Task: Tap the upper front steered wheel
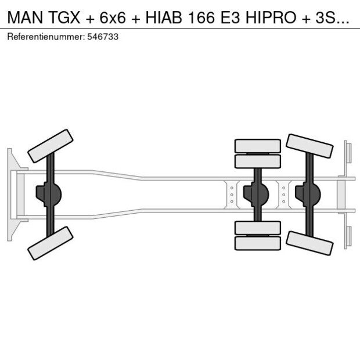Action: [x=50, y=146]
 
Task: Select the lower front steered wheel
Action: [x=50, y=243]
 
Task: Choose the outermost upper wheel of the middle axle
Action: [x=257, y=145]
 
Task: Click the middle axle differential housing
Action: [x=255, y=195]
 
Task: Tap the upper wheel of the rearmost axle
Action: [x=310, y=146]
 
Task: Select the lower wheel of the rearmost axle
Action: [x=309, y=243]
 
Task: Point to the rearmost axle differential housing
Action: [x=307, y=195]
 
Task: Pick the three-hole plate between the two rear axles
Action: [x=283, y=195]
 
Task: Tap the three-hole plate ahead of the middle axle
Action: [x=232, y=195]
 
